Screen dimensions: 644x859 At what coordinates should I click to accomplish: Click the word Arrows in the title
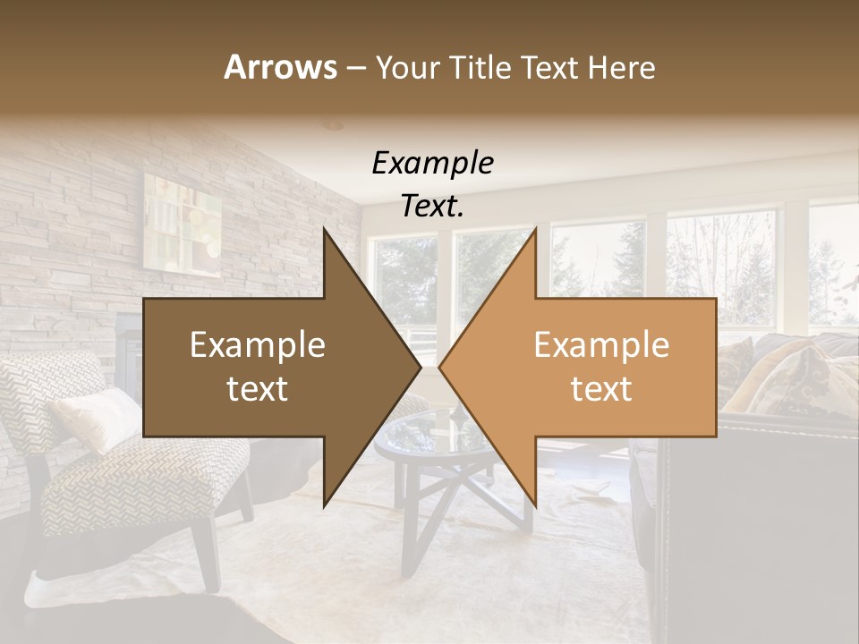click(281, 67)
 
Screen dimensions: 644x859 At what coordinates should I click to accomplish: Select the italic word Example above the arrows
click(432, 164)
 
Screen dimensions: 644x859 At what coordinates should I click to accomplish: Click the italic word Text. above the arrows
click(432, 206)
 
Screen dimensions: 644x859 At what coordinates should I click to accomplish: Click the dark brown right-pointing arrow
click(268, 367)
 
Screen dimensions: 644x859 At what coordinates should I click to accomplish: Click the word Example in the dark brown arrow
click(258, 345)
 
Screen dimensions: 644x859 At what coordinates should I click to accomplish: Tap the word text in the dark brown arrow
click(258, 389)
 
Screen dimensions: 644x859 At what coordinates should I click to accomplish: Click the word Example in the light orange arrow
click(601, 345)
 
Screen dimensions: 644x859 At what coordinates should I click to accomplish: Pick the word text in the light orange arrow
click(601, 389)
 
